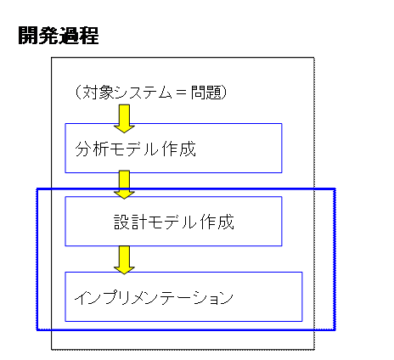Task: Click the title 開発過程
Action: (59, 36)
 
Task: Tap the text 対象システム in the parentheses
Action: (127, 93)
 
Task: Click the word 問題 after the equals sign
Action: (206, 93)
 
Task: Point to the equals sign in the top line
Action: (182, 93)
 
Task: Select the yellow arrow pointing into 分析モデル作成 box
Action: (124, 119)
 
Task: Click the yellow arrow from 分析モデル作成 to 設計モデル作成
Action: (124, 184)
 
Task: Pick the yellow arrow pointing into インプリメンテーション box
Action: (124, 260)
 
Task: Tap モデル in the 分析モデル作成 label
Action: (133, 149)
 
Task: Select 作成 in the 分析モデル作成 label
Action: (179, 149)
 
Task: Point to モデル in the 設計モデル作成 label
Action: (172, 222)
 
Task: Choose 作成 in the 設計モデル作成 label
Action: (217, 222)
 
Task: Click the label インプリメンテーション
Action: (154, 297)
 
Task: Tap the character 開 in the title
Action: (28, 36)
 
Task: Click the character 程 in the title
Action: (89, 36)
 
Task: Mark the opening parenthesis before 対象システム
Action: (79, 93)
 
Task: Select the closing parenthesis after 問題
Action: (224, 93)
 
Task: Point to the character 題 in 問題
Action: (214, 93)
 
